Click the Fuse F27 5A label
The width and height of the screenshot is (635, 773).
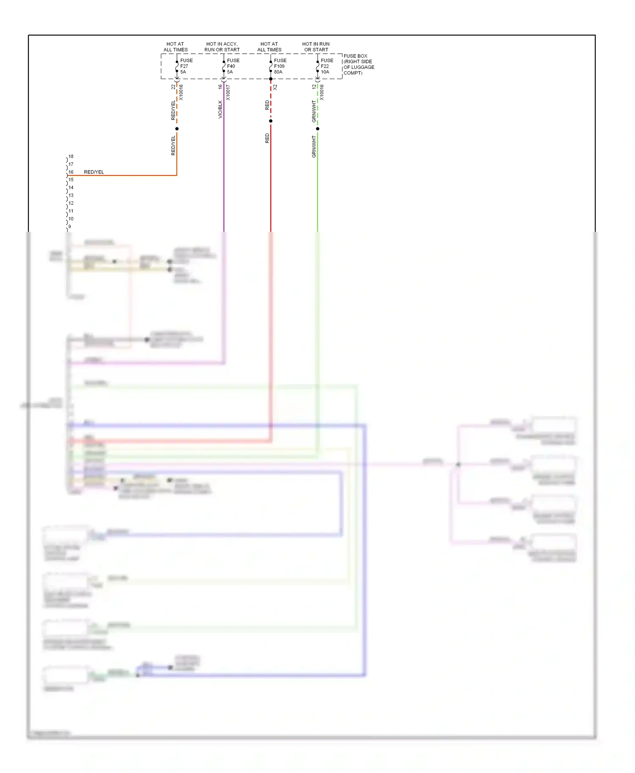coord(186,66)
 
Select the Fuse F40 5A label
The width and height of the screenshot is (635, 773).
coord(233,66)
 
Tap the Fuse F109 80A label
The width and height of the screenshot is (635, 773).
coord(280,66)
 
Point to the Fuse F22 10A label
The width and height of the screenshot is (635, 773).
coord(327,66)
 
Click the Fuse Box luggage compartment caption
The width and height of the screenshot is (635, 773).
coord(359,64)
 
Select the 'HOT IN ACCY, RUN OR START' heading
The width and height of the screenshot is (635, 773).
coord(222,47)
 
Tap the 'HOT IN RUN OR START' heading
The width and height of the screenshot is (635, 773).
coord(316,47)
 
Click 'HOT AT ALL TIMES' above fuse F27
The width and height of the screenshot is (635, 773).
coord(175,47)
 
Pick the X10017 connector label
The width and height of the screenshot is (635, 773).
coord(228,93)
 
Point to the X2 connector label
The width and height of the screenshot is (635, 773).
coord(275,87)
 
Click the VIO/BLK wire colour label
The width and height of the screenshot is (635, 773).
coord(220,109)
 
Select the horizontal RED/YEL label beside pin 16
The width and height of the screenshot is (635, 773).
coord(94,172)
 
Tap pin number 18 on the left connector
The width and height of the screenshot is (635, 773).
coord(71,156)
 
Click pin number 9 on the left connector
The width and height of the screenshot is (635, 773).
coord(70,227)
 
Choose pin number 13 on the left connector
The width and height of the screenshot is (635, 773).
coord(71,195)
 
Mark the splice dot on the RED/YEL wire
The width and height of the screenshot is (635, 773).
coord(177,129)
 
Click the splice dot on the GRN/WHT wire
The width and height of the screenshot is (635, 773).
coord(317,129)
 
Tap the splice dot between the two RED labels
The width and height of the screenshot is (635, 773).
coord(271,121)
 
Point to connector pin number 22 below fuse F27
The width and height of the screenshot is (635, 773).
coord(173,87)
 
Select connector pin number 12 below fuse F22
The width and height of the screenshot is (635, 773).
coord(314,87)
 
